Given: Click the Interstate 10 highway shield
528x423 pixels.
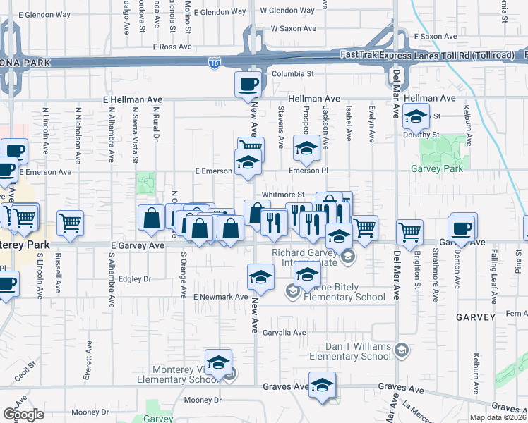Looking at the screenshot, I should pyautogui.click(x=214, y=63).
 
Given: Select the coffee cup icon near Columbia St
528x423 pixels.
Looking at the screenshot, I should pyautogui.click(x=248, y=85).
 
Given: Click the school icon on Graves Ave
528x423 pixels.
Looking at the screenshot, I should pyautogui.click(x=322, y=385).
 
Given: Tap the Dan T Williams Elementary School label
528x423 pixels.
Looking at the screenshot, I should pyautogui.click(x=349, y=352).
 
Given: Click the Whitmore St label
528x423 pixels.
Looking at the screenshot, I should pyautogui.click(x=282, y=195).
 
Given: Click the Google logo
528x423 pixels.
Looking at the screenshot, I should pyautogui.click(x=23, y=415).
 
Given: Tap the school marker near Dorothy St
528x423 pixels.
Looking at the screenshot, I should pyautogui.click(x=416, y=116).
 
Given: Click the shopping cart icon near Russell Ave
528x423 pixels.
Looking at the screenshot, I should pyautogui.click(x=70, y=223).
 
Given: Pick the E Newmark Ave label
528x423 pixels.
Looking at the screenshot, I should pyautogui.click(x=221, y=297).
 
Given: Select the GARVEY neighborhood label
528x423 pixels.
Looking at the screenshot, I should pyautogui.click(x=475, y=317).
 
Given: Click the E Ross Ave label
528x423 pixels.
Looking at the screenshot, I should pyautogui.click(x=172, y=47).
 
